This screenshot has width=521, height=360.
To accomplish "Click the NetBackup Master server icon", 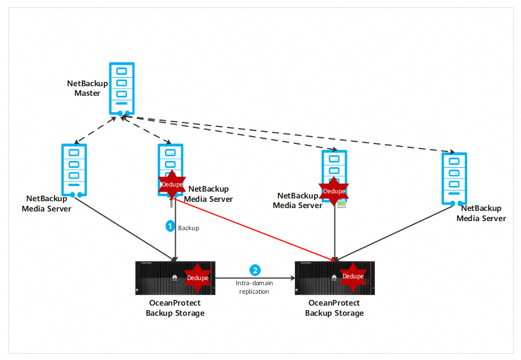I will pyautogui.click(x=121, y=87).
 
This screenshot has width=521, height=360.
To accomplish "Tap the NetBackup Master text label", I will pyautogui.click(x=87, y=88).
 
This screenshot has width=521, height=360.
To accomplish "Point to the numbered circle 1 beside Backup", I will pyautogui.click(x=170, y=226).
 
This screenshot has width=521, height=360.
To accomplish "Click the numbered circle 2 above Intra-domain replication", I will pyautogui.click(x=256, y=270).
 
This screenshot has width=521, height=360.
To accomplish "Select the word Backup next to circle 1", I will pyautogui.click(x=189, y=228).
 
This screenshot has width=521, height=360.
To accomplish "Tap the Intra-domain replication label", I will pyautogui.click(x=254, y=287).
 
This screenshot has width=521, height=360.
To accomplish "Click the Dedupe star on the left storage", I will pyautogui.click(x=197, y=277).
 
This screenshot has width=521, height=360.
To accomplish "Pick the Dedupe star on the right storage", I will pyautogui.click(x=353, y=276).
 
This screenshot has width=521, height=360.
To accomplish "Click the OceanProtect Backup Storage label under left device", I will pyautogui.click(x=175, y=308).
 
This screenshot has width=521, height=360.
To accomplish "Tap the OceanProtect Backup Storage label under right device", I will pyautogui.click(x=334, y=308).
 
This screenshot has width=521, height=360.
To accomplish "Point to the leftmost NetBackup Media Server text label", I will pyautogui.click(x=46, y=204).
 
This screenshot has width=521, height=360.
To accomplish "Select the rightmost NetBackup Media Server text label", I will pyautogui.click(x=481, y=213).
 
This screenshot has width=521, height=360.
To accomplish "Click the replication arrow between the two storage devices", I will pyautogui.click(x=255, y=278).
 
